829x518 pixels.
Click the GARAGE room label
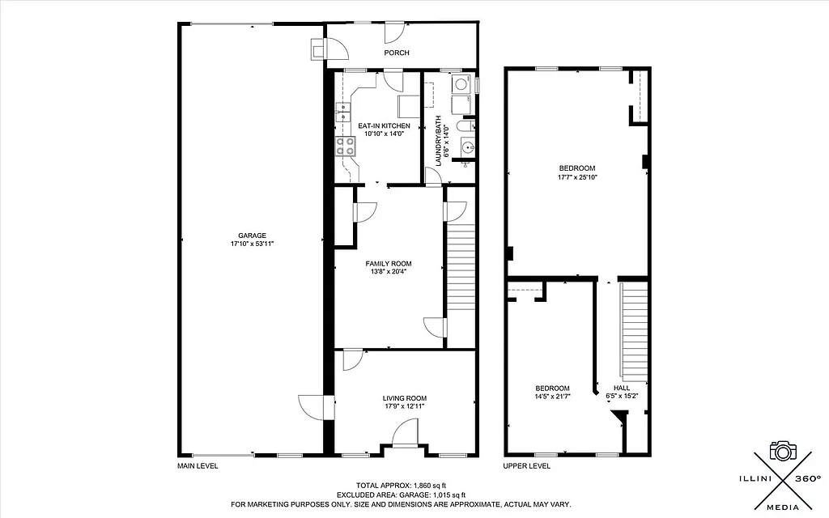tap(252, 236)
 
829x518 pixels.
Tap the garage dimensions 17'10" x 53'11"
tap(252, 244)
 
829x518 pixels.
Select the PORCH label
tap(397, 53)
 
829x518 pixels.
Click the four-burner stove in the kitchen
tap(345, 146)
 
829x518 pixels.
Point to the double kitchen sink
tap(345, 110)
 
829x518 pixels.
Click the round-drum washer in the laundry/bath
tap(461, 83)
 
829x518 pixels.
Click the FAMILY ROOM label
tap(389, 264)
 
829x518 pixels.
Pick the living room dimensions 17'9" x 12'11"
tap(404, 406)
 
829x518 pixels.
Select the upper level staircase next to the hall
tap(635, 332)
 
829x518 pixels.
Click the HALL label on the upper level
tap(622, 388)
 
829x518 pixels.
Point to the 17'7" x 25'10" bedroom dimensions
tap(577, 177)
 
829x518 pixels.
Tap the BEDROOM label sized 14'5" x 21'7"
tap(551, 388)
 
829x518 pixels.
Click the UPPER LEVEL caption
tap(528, 466)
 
